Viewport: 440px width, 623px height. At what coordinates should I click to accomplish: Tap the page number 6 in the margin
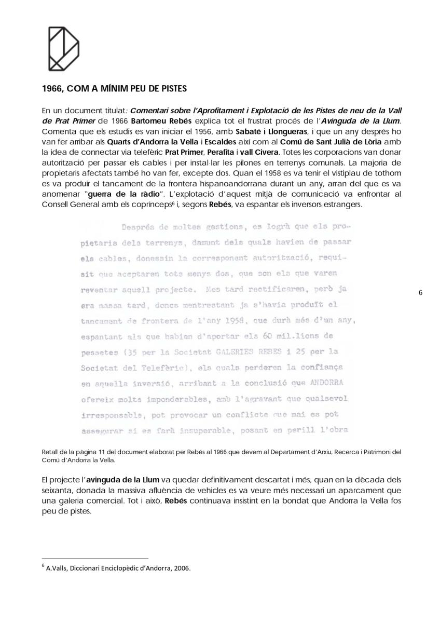(x=420, y=293)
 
